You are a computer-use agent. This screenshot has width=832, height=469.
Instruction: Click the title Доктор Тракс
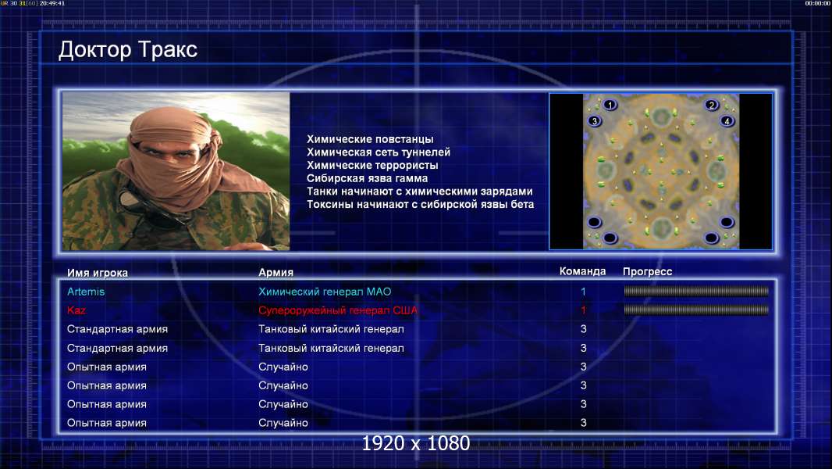pos(128,50)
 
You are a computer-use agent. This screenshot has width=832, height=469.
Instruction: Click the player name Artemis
pos(86,292)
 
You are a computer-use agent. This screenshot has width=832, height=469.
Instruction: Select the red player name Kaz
pos(76,310)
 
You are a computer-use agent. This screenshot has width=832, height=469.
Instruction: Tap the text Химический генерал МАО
pos(325,292)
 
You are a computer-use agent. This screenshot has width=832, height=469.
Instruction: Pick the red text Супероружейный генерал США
pos(338,310)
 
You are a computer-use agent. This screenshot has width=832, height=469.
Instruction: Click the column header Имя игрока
pos(98,273)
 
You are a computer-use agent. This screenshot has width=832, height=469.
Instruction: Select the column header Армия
pos(276,273)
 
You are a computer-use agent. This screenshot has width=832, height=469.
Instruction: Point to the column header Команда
pos(582,271)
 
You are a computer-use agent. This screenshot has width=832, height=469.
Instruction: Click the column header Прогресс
pos(647,272)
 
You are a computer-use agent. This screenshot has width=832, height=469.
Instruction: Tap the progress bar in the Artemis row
pos(696,291)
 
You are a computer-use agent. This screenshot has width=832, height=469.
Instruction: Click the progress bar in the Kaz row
pos(696,310)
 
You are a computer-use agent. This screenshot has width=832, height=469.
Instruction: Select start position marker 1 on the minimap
pos(610,105)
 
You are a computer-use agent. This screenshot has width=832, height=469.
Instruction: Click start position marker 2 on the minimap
pos(712,105)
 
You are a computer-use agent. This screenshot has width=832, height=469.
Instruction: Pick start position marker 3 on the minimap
pos(595,121)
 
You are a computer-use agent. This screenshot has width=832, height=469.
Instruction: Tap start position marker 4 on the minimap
pos(727,121)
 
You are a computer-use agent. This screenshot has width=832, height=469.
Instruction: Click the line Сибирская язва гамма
pos(367,178)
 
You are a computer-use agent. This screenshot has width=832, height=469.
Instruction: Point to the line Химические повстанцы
pos(370,139)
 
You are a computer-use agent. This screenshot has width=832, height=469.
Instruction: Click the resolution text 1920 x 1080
pos(416,443)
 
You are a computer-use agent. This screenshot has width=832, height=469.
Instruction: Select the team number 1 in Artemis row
pos(583,292)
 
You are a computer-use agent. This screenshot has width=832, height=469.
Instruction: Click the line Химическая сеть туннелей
pos(379,152)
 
